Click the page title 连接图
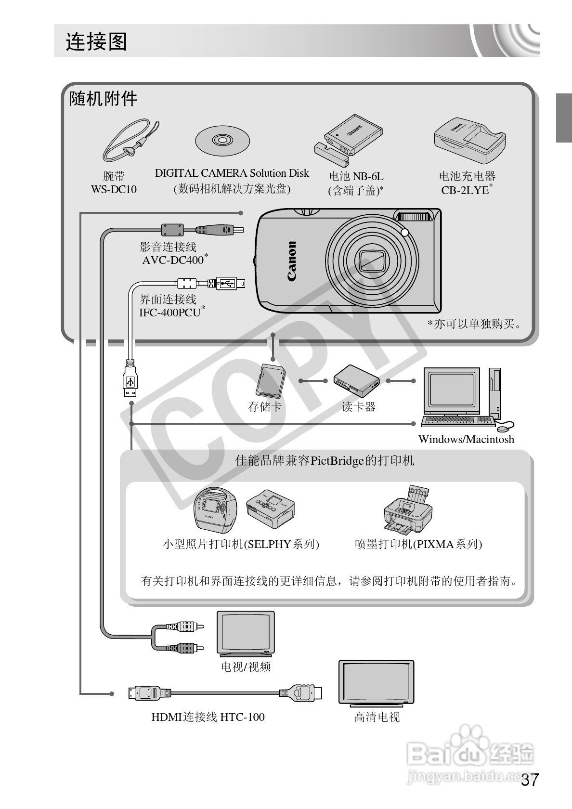click(x=96, y=42)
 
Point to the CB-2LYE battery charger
click(x=469, y=140)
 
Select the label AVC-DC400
click(x=173, y=260)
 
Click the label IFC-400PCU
click(x=170, y=312)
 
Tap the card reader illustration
click(x=357, y=380)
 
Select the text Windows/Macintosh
click(x=466, y=439)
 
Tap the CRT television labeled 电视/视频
click(x=246, y=633)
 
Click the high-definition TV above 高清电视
click(x=376, y=682)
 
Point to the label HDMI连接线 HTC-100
click(x=208, y=717)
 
